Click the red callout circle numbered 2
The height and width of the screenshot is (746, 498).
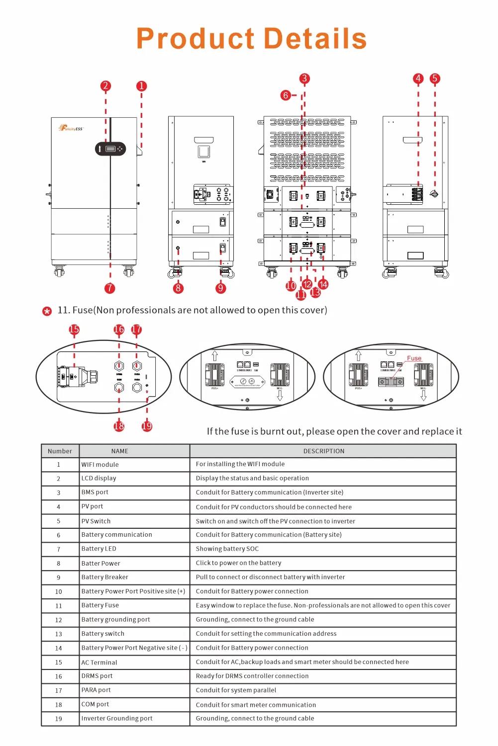click(105, 86)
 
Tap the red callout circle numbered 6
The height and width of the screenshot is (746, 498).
click(286, 95)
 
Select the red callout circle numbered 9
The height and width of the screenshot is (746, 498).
click(221, 288)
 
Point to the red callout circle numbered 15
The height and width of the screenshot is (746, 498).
click(74, 330)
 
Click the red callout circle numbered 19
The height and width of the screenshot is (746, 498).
click(147, 426)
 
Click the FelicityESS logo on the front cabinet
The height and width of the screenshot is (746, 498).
click(71, 128)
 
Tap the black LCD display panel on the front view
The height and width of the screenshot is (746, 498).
click(110, 149)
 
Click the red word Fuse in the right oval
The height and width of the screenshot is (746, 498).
click(414, 358)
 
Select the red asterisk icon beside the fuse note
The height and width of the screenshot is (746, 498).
click(47, 312)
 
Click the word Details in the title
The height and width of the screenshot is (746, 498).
click(315, 39)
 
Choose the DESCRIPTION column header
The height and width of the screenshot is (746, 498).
click(323, 451)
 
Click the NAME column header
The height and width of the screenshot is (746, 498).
click(120, 451)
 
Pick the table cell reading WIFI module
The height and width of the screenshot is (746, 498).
click(100, 465)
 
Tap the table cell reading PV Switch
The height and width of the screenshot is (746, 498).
click(96, 521)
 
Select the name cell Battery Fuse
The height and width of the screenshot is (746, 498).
click(100, 605)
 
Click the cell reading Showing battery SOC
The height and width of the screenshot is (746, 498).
click(227, 549)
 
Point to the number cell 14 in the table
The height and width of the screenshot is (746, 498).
click(59, 648)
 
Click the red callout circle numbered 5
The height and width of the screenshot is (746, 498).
click(435, 79)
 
